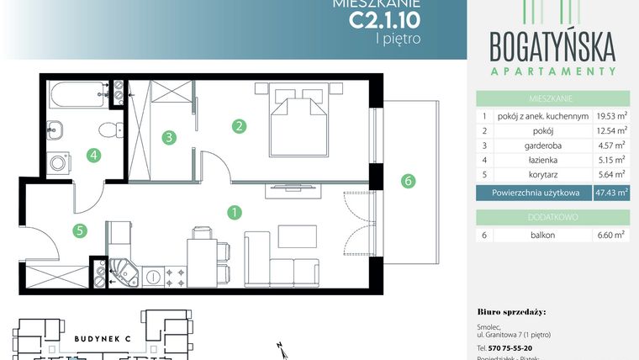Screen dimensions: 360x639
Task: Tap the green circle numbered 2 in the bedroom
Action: (240, 127)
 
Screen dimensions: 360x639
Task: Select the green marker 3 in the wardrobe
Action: (169, 136)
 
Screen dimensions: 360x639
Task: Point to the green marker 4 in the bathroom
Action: (94, 155)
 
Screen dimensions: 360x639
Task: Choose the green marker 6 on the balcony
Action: (408, 180)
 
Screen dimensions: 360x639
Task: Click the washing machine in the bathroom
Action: (58, 163)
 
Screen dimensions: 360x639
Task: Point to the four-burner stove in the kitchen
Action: (178, 274)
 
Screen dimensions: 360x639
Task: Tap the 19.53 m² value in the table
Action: (610, 116)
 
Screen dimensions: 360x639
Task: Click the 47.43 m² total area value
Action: (610, 193)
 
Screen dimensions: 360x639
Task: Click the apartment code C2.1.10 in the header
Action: (384, 17)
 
